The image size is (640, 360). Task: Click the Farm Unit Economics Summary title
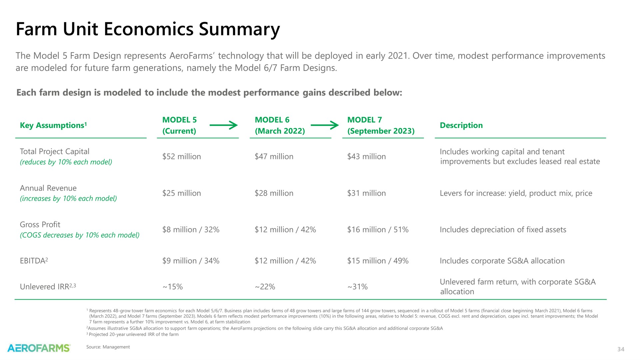pos(148,29)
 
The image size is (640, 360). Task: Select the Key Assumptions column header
pos(53,125)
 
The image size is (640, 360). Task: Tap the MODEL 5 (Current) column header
pos(179,125)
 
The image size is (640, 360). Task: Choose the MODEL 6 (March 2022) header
pos(280,125)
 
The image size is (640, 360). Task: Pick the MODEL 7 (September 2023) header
pos(381,125)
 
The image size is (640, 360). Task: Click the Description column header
pos(461,125)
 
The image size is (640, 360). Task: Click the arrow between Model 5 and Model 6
pos(224,125)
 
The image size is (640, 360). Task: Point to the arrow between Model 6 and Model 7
pos(325,125)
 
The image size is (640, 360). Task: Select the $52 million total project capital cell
pos(182,157)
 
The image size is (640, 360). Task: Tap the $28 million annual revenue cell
pos(274,193)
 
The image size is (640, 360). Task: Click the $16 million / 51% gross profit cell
pos(378,230)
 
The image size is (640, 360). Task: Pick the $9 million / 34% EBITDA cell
pos(191,261)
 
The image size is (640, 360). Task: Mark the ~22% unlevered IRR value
pos(265,287)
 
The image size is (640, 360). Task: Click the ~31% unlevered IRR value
pos(357,287)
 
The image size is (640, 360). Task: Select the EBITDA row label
pos(34,261)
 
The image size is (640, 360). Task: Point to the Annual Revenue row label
pos(48,188)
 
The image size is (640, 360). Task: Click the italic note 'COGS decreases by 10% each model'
pos(80,235)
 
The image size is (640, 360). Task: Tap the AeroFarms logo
pos(39,348)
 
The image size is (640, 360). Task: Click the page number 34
pos(621,349)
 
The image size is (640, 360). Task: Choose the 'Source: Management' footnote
pos(108,347)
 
